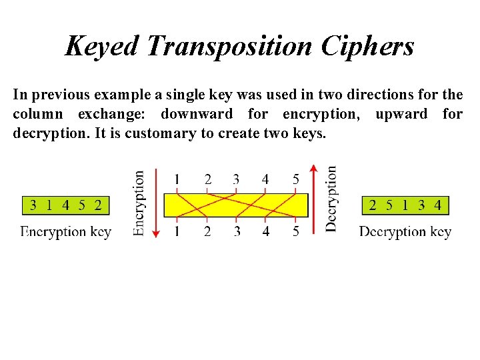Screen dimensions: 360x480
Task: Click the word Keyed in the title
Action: [x=101, y=46]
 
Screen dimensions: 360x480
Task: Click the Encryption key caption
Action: [x=65, y=232]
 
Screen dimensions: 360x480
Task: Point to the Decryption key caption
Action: [x=405, y=232]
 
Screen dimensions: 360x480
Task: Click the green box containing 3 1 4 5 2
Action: [x=65, y=205]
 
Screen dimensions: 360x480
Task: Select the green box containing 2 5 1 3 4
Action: [x=405, y=205]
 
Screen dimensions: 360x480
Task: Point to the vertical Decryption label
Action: [x=331, y=199]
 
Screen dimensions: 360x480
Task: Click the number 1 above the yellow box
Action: [x=177, y=179]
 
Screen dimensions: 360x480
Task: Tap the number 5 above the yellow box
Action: [x=296, y=179]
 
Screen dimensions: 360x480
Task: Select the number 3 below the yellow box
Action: [x=237, y=231]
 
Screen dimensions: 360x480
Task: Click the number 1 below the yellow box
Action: [x=177, y=231]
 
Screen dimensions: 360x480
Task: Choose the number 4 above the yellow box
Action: [x=266, y=179]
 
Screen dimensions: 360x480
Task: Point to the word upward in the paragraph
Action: [x=401, y=114]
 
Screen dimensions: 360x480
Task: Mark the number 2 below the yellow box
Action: [x=207, y=231]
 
